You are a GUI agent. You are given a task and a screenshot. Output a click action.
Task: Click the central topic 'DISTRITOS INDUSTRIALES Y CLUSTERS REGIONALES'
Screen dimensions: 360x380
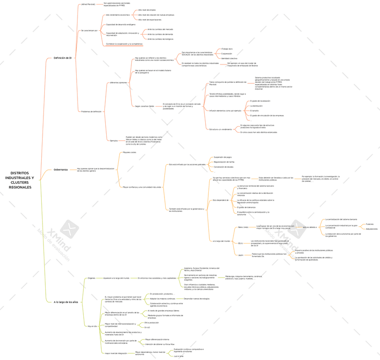[20, 180]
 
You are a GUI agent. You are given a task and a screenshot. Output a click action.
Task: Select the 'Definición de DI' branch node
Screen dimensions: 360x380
[62, 58]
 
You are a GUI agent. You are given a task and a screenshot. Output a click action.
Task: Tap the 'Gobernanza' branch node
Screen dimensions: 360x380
[60, 170]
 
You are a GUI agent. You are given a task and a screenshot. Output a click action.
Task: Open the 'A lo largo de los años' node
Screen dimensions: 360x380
[66, 302]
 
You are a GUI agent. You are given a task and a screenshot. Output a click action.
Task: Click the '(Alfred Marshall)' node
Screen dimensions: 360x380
[88, 4]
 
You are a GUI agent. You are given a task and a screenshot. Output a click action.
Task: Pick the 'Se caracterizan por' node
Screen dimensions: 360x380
[89, 30]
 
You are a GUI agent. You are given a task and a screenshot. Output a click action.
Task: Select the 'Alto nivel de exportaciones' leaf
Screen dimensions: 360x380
[150, 20]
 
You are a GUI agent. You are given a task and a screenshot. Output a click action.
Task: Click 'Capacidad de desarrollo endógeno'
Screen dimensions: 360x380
[121, 25]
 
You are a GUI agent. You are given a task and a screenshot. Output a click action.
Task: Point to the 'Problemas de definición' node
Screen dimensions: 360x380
[91, 111]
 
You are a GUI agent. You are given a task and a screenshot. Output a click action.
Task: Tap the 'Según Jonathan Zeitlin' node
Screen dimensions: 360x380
[144, 106]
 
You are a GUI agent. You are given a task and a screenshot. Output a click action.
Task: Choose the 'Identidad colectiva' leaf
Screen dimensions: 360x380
[229, 58]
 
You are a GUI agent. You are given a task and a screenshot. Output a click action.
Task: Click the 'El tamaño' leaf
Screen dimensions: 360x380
[254, 111]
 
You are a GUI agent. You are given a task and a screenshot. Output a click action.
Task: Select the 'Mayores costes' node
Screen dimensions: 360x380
[130, 152]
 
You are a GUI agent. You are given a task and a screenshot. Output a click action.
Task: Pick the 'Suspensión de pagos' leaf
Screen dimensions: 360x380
[223, 157]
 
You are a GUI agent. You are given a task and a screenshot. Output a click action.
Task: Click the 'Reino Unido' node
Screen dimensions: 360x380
[243, 227]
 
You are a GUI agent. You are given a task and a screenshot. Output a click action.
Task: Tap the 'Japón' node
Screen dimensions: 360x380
[241, 255]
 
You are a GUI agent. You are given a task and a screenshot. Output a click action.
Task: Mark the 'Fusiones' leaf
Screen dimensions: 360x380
[370, 224]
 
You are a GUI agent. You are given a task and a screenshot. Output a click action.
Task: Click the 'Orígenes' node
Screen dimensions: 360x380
[91, 278]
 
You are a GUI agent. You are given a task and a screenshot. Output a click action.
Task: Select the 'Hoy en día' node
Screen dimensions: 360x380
[92, 326]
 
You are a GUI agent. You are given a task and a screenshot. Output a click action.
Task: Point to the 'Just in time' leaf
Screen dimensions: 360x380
[178, 356]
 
